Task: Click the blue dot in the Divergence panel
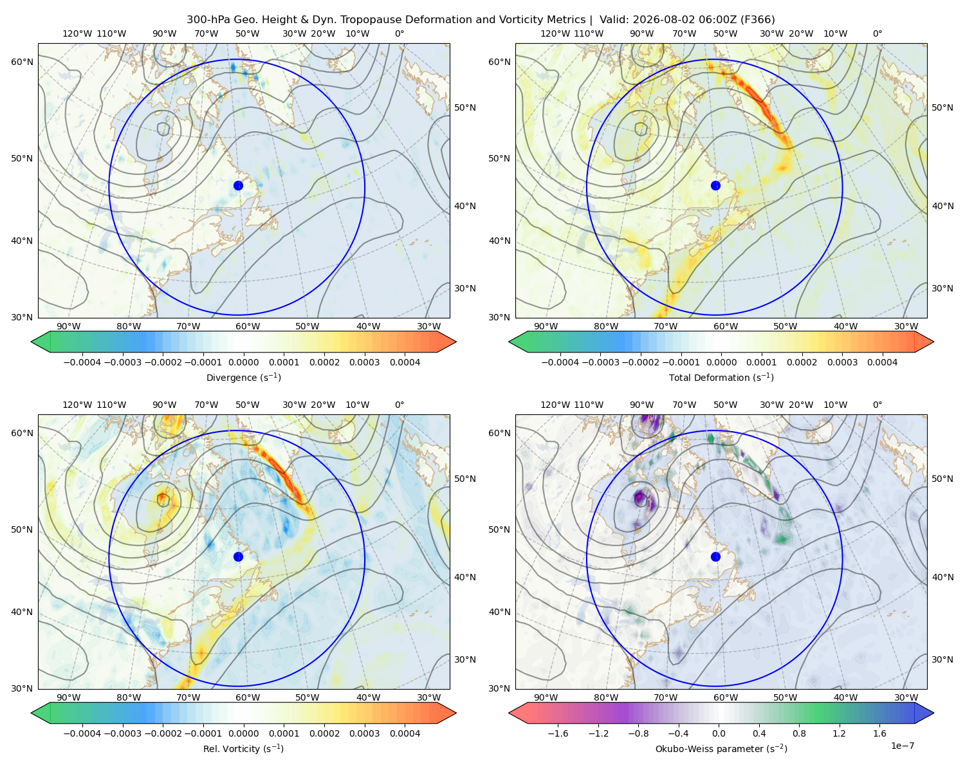pyautogui.click(x=238, y=185)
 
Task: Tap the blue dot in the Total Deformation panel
pyautogui.click(x=715, y=185)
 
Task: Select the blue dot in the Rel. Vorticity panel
pyautogui.click(x=238, y=556)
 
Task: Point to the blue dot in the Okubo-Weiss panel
pyautogui.click(x=715, y=556)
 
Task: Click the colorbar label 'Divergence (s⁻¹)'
pyautogui.click(x=243, y=377)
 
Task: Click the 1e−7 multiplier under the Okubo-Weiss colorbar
pyautogui.click(x=902, y=746)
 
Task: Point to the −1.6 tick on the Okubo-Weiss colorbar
pyautogui.click(x=558, y=733)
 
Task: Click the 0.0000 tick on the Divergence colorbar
pyautogui.click(x=243, y=362)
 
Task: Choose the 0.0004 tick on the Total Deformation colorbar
pyautogui.click(x=882, y=362)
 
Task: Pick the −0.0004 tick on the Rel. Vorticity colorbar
pyautogui.click(x=82, y=733)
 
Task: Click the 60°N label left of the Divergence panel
pyautogui.click(x=22, y=62)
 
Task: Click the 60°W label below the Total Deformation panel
pyautogui.click(x=725, y=326)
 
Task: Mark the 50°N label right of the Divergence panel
pyautogui.click(x=465, y=107)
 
